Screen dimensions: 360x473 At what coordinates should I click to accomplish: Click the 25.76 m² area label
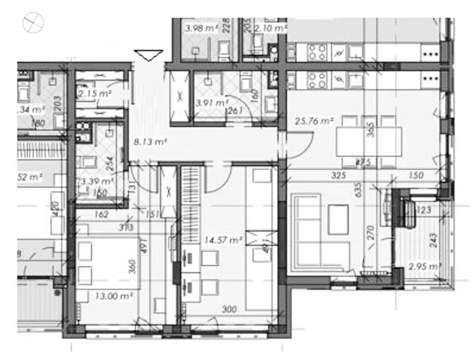313,122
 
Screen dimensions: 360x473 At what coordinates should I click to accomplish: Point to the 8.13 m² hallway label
149,142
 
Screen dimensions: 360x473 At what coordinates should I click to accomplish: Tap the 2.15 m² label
95,93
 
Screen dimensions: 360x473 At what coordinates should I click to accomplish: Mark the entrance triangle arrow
149,55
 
